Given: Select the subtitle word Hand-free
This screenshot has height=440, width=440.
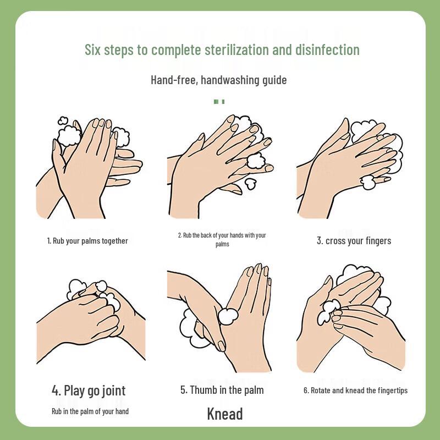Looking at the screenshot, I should [174, 80].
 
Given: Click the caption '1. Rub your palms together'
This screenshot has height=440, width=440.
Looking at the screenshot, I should [87, 241].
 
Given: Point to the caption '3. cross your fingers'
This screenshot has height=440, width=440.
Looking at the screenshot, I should [354, 241].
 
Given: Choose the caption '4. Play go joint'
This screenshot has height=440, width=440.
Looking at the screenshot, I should [89, 391].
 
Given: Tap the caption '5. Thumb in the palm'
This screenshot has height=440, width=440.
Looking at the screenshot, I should [222, 390].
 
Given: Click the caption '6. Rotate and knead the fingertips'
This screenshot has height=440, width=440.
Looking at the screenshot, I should [355, 391].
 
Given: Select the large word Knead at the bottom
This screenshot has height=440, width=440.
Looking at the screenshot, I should [225, 414].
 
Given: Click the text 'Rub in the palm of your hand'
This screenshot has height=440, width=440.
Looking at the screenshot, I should [90, 411].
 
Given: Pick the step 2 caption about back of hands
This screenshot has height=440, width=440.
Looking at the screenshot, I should [222, 239].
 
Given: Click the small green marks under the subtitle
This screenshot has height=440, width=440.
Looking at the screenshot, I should [219, 101].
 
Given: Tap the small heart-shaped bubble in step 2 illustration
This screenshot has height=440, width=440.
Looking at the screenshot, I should [251, 182].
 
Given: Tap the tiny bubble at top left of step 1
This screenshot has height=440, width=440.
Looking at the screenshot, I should [63, 120].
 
